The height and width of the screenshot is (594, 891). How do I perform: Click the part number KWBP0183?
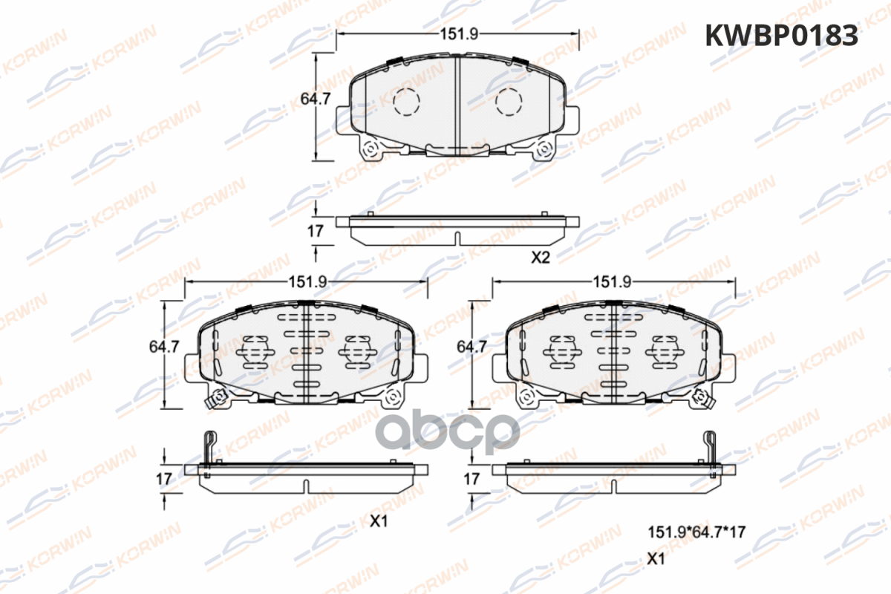pyautogui.click(x=782, y=36)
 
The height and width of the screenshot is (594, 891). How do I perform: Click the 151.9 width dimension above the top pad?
pyautogui.click(x=459, y=34)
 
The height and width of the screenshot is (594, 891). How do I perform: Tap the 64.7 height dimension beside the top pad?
pyautogui.click(x=315, y=99)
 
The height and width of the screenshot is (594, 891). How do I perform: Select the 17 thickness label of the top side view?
pyautogui.click(x=315, y=231)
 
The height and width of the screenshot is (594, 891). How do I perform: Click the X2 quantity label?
pyautogui.click(x=541, y=258)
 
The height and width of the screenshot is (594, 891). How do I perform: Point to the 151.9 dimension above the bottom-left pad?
pyautogui.click(x=307, y=282)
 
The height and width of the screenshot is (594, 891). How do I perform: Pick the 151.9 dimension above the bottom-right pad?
pyautogui.click(x=612, y=282)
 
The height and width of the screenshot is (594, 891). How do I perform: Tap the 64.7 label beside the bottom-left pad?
pyautogui.click(x=164, y=347)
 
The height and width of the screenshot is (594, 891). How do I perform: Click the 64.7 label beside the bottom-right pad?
pyautogui.click(x=471, y=347)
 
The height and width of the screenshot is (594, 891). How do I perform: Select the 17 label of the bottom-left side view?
pyautogui.click(x=164, y=479)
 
